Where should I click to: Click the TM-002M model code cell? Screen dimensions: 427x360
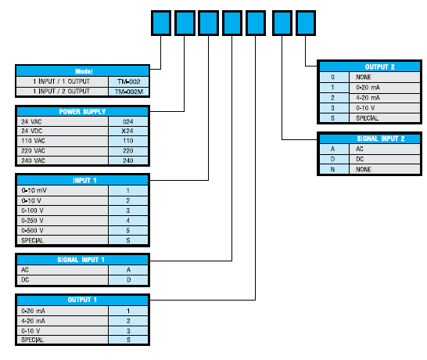(128, 92)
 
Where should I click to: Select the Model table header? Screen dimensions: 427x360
(83, 71)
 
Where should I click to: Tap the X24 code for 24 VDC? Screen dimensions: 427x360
(128, 131)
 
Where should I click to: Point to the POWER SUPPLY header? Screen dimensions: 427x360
(83, 111)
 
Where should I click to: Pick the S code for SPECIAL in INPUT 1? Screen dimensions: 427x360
(128, 240)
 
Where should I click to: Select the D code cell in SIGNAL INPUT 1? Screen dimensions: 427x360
(128, 280)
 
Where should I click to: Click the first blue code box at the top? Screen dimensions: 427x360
(161, 23)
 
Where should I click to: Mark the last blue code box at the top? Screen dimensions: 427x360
(306, 23)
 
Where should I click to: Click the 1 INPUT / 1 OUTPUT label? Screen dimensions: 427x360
(62, 81)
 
